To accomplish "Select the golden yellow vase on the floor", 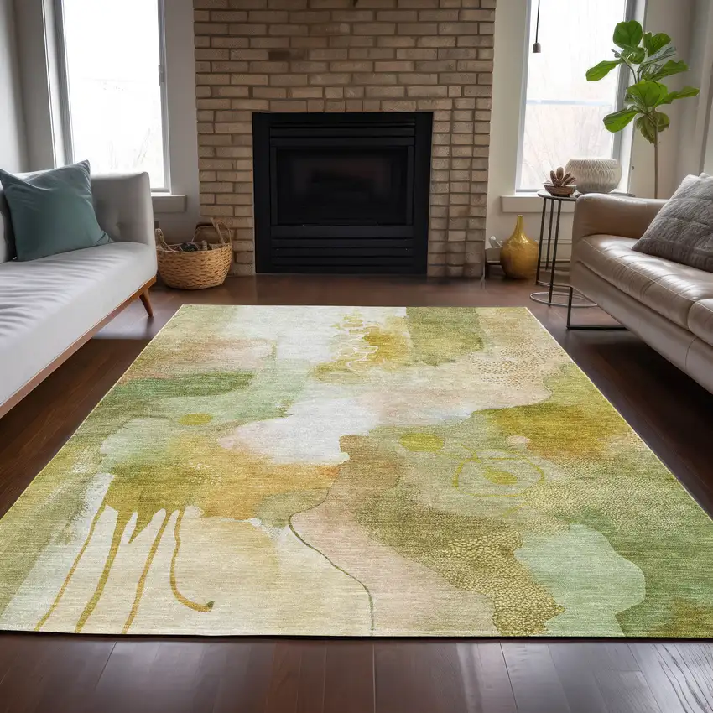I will click(519, 249).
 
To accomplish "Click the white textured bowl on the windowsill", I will click(594, 175).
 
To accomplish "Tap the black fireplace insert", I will click(342, 193).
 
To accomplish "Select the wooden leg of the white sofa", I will click(146, 300).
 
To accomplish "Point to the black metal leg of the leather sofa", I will click(570, 310).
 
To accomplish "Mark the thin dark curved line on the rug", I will click(336, 562).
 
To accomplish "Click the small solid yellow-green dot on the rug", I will click(421, 442).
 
